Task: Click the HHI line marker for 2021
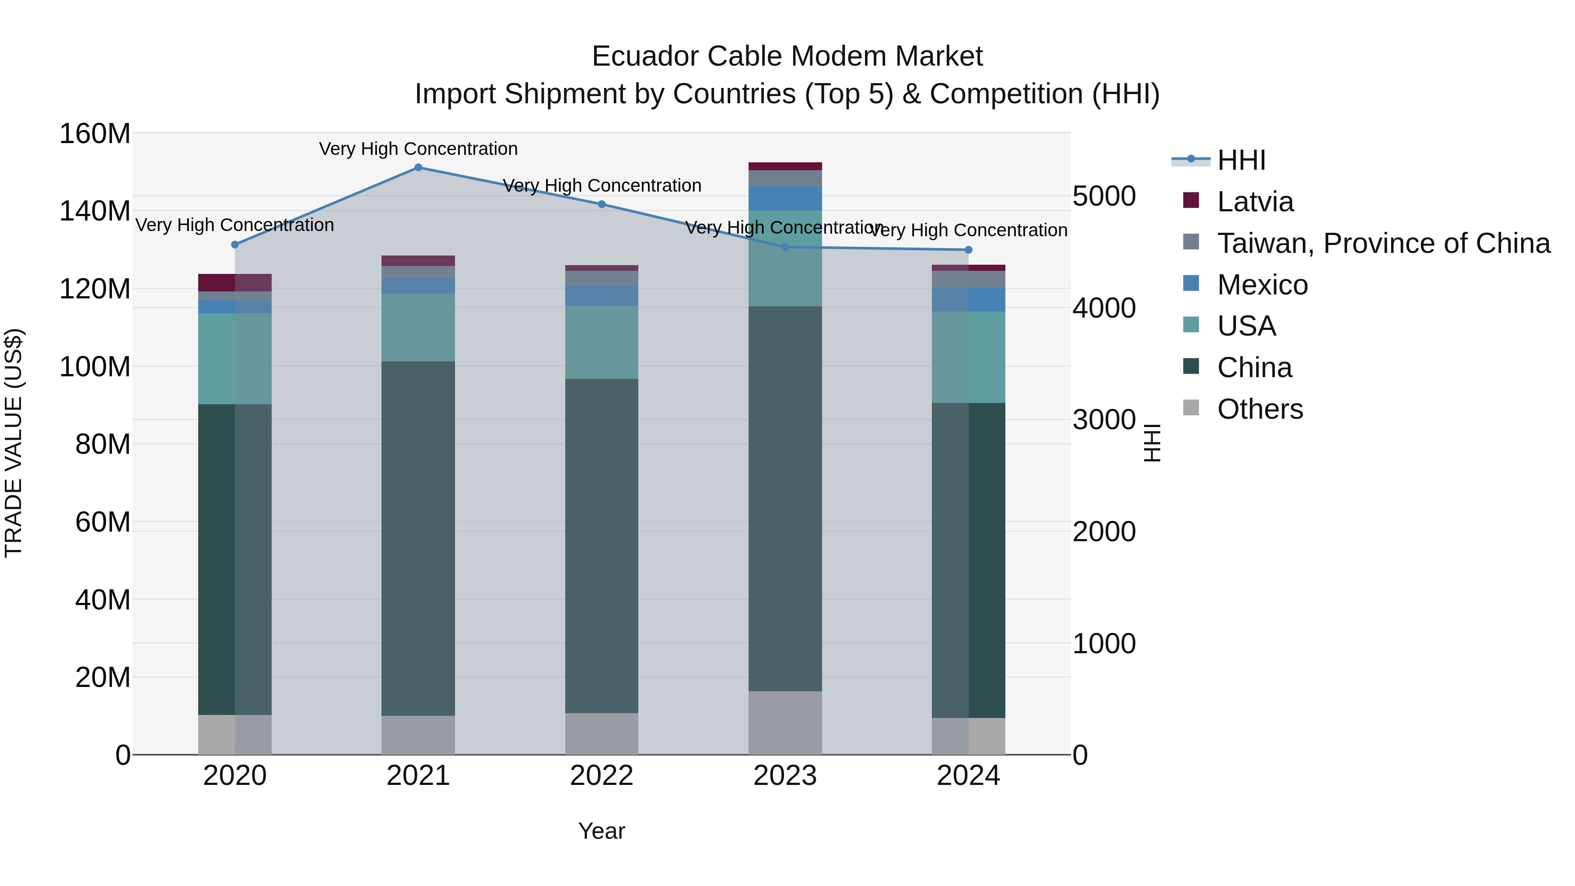(x=418, y=168)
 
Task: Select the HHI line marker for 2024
(x=969, y=250)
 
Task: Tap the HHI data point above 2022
(x=602, y=204)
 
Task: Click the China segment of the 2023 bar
(x=785, y=498)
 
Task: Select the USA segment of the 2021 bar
(x=418, y=327)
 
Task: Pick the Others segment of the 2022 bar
(x=602, y=734)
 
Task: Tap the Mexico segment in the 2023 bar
(x=785, y=199)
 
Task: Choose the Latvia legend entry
(x=1255, y=202)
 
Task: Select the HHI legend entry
(x=1241, y=160)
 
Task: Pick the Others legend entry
(x=1260, y=409)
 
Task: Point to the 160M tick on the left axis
(x=95, y=133)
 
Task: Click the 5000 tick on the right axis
(x=1104, y=196)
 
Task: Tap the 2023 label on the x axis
(x=785, y=776)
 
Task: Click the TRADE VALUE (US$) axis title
(x=14, y=443)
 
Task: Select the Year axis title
(x=602, y=831)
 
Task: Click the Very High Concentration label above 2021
(x=418, y=149)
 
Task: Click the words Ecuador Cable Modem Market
(x=787, y=56)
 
